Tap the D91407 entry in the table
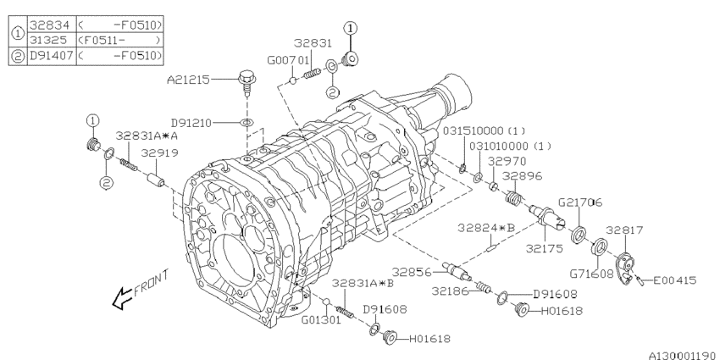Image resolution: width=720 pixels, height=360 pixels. tap(52, 56)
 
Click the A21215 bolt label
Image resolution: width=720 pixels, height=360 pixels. tap(188, 80)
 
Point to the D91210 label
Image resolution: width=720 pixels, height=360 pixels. tap(191, 123)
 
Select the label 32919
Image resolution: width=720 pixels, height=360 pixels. tap(159, 153)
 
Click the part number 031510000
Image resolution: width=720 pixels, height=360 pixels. tap(473, 130)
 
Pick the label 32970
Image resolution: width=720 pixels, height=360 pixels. tap(507, 161)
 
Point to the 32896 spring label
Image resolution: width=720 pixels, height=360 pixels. tap(522, 176)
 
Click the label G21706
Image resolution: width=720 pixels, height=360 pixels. tap(580, 202)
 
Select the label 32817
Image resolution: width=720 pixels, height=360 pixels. tap(624, 230)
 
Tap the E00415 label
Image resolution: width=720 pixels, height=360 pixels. tap(674, 280)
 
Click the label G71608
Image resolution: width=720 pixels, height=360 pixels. tap(591, 274)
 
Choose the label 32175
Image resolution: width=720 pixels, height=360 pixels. tap(544, 249)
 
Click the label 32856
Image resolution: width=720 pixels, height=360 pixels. tap(412, 273)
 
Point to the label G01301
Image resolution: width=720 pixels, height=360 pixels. tap(321, 319)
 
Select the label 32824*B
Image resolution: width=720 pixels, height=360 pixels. tap(486, 228)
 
